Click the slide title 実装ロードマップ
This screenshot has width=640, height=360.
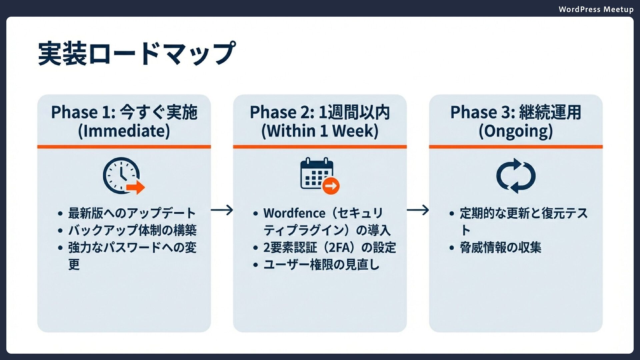(137, 53)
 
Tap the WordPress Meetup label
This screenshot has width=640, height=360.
(596, 9)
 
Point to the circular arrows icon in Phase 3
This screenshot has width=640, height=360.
(516, 176)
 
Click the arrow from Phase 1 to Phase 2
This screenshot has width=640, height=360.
(222, 210)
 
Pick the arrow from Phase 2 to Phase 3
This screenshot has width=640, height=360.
(418, 210)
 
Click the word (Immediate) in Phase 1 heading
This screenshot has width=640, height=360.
(124, 131)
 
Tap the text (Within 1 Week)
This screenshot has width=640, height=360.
(320, 131)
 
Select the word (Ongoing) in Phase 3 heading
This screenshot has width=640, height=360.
(516, 131)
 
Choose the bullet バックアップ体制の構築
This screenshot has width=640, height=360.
(132, 230)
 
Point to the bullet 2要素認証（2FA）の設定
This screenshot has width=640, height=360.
(329, 248)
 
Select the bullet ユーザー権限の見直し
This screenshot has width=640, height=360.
(321, 265)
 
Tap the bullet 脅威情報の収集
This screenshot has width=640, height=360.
(500, 248)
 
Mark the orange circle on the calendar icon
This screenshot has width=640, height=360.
(331, 186)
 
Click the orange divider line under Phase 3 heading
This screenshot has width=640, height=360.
(516, 147)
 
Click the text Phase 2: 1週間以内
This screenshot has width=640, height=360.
(320, 112)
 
